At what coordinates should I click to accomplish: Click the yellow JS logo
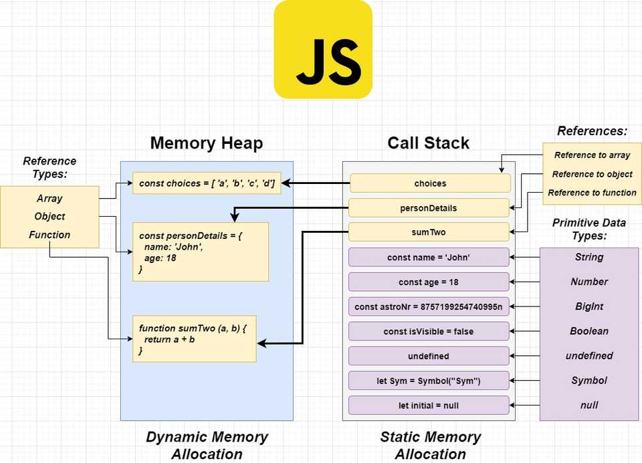323,50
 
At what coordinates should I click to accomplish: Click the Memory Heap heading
206,143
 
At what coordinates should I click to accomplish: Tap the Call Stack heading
428,143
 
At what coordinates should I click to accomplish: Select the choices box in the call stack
429,183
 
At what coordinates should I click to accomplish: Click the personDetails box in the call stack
428,208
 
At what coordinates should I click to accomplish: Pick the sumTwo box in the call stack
428,232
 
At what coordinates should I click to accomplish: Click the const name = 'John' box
428,257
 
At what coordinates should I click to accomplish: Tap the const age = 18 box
428,282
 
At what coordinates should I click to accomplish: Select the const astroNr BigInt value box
428,306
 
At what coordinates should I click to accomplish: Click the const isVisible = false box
428,331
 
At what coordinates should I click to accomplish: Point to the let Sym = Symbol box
428,381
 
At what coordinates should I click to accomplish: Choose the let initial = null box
428,405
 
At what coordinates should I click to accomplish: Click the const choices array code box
207,183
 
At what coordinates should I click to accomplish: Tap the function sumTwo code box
194,339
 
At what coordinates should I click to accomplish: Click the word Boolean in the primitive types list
588,331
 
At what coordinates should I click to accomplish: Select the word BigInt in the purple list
588,306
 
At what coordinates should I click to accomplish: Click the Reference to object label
592,174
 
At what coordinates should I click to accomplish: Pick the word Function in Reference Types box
49,235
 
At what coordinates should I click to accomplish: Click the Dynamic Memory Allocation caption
207,445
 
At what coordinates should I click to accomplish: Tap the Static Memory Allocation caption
430,445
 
